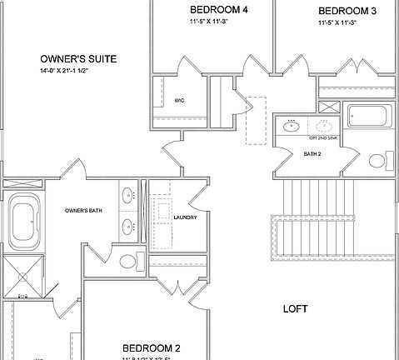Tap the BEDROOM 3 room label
coord(347,11)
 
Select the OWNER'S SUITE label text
coord(78,59)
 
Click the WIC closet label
coord(179,101)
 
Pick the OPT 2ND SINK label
coord(323,137)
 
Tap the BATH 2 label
coord(312,154)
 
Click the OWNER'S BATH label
coord(82,211)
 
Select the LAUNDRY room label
coord(185,218)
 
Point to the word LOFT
coord(295,309)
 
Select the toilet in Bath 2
coord(376,160)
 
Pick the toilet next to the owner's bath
coord(128,262)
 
